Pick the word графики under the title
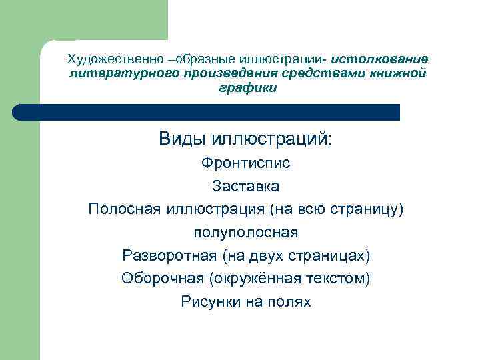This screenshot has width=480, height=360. point(247,87)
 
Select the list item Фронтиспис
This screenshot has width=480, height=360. point(246,163)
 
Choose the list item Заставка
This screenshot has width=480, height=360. point(245,186)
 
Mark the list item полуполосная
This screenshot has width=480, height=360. point(245,233)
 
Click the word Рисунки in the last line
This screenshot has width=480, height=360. point(206,302)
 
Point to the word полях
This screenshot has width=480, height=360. point(289,302)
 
